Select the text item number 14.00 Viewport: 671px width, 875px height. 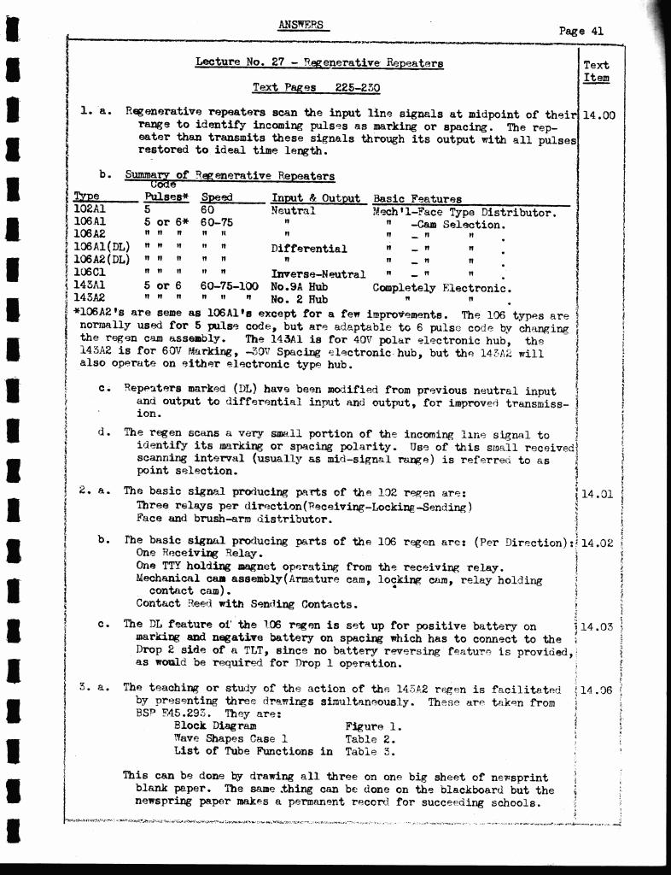598,115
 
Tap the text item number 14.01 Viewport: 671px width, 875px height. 597,493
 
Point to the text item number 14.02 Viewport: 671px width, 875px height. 597,543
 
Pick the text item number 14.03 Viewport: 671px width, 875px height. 597,626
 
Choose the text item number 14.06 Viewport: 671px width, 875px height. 597,690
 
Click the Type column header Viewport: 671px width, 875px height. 87,198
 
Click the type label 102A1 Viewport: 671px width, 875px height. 90,210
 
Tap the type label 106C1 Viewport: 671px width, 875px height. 90,274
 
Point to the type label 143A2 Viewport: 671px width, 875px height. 90,299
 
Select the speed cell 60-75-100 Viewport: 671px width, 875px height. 230,287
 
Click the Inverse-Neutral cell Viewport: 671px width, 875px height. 318,274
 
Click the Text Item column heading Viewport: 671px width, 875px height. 596,71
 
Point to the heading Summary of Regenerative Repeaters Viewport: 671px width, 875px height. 230,177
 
